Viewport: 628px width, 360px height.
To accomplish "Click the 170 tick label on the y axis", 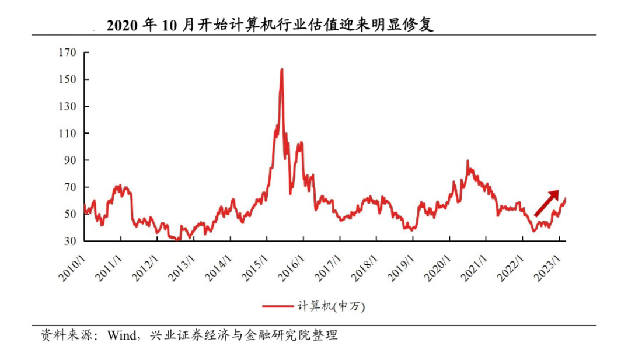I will tap(67, 53).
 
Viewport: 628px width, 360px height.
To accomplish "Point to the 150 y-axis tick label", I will tap(67, 79).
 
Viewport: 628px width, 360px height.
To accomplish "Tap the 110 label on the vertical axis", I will tap(67, 134).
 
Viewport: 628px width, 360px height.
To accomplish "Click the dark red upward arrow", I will tap(546, 203).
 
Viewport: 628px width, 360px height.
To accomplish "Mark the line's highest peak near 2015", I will tap(282, 69).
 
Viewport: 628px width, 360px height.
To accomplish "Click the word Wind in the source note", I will tap(120, 335).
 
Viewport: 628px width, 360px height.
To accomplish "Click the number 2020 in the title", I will tap(122, 25).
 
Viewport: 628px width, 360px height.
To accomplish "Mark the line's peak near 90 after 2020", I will tap(467, 160).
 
